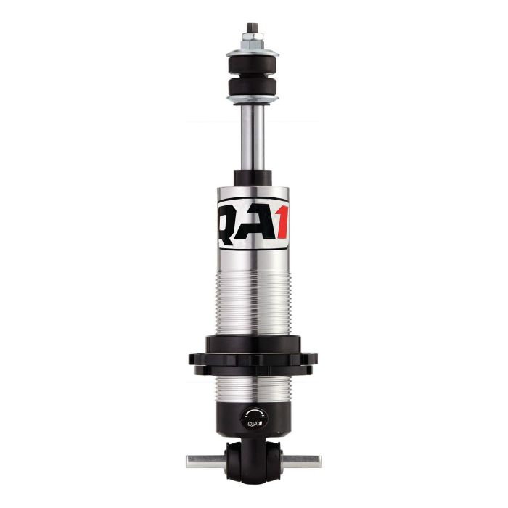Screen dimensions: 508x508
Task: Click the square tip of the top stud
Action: (253, 27)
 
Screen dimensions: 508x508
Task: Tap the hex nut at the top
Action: (253, 41)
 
